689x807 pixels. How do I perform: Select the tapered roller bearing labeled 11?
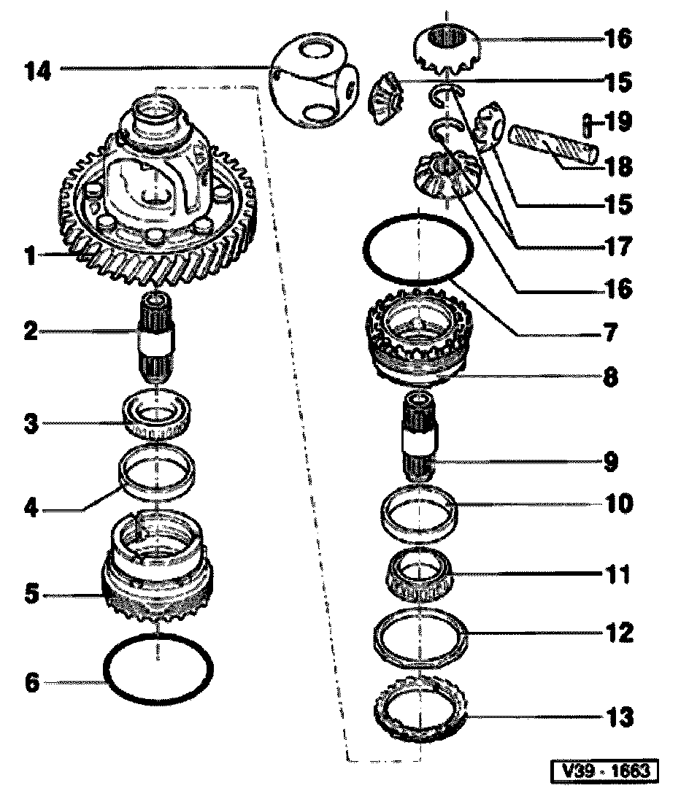420,576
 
